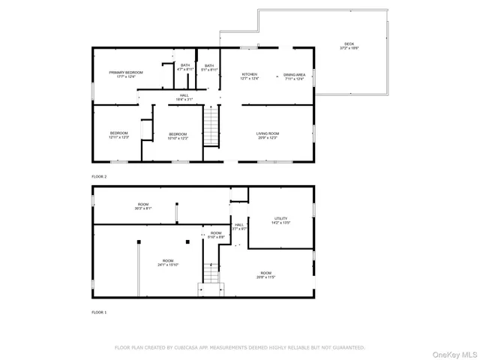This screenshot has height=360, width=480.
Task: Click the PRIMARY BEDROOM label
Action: coord(125,73)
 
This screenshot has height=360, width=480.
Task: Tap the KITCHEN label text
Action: coord(250,75)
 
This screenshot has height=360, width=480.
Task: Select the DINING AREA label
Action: coord(293,75)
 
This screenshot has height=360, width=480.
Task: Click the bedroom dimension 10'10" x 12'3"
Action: coord(178,138)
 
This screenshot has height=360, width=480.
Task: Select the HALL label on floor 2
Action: coord(184,96)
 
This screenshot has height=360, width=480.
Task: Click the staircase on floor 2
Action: coord(213,127)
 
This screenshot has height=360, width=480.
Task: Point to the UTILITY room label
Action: coord(280,218)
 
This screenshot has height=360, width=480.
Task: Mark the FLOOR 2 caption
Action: coord(99,176)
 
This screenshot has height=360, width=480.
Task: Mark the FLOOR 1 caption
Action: coord(99,311)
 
